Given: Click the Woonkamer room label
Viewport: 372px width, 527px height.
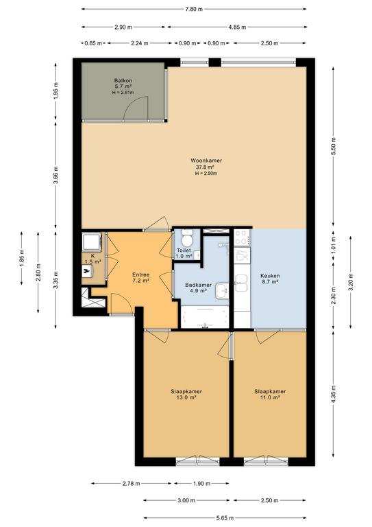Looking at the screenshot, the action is tap(206, 161).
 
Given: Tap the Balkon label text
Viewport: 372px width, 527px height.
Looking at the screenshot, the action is tap(123, 81).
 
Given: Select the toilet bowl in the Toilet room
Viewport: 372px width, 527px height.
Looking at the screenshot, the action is tap(186, 239).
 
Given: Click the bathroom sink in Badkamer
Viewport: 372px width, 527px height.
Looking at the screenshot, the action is tap(222, 290).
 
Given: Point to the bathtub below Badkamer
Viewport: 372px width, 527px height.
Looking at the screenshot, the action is tap(205, 316).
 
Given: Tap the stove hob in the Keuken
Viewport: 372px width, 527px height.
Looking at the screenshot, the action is tap(243, 237).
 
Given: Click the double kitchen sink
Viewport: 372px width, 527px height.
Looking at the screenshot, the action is tap(242, 283).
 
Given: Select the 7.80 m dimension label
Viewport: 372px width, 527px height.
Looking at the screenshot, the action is tap(194, 9).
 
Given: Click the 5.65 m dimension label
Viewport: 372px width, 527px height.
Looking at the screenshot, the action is tap(225, 518).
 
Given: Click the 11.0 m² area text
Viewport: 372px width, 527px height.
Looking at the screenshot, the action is tap(270, 397).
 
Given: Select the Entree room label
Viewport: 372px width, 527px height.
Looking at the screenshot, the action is tap(141, 274).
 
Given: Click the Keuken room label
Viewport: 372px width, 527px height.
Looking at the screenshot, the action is tap(270, 276).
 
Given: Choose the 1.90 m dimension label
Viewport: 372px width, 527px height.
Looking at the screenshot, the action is tap(201, 484).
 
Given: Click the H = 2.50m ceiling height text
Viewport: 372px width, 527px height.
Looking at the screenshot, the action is tap(206, 174).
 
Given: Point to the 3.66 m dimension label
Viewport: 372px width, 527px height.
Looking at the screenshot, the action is tap(56, 175).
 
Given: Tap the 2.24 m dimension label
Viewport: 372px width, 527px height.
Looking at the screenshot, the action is tap(139, 43).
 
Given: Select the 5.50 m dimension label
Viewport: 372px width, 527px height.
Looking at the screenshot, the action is tap(333, 146).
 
